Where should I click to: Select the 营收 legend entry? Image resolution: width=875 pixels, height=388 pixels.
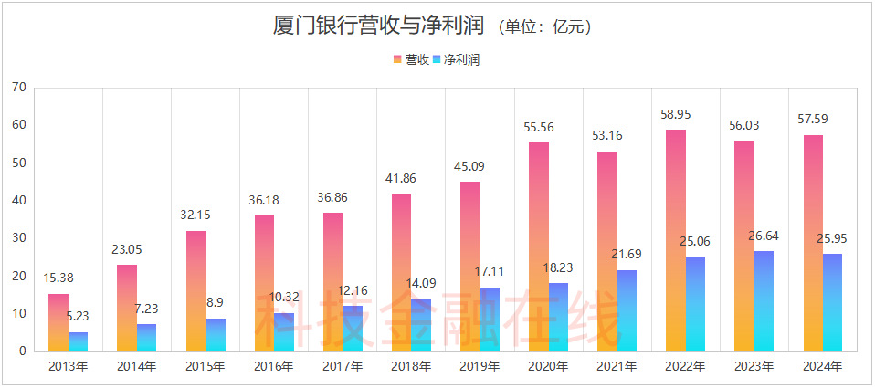pos(410,59)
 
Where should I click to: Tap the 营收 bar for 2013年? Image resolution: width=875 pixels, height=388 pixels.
pos(58,322)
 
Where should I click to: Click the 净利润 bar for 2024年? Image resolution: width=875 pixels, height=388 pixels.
pos(832,302)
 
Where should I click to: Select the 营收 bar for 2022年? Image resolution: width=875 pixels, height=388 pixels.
pos(675,240)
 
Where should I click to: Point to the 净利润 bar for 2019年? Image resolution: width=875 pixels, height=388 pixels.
pos(490,320)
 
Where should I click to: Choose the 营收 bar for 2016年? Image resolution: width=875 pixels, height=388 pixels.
pos(264,283)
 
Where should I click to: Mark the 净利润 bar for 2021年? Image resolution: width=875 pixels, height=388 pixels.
pos(627,310)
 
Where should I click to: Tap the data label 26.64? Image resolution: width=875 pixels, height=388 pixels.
pos(763,236)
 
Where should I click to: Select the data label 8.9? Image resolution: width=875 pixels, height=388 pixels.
pos(214,303)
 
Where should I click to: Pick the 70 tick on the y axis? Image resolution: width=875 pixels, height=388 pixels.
pos(19,88)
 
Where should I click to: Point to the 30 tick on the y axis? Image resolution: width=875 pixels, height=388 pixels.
pos(19,238)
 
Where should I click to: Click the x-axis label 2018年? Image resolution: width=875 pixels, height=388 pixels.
pos(411,367)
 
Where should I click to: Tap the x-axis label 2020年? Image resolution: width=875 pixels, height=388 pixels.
pos(548,367)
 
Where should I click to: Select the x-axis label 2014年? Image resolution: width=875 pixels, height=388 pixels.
pos(137,367)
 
